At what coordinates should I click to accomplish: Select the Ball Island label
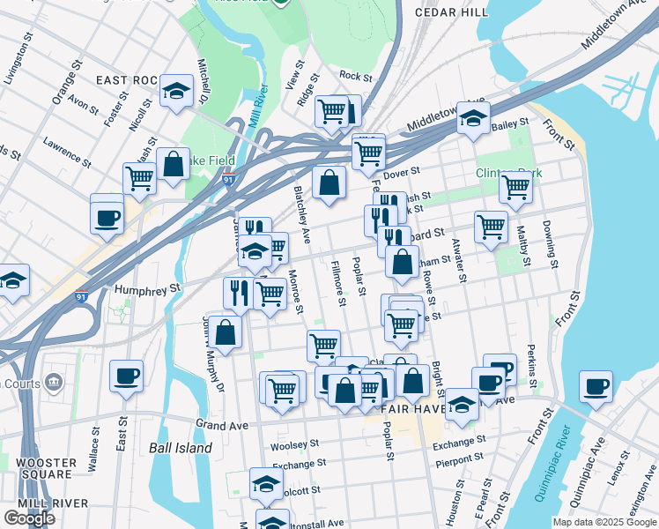pyautogui.click(x=181, y=448)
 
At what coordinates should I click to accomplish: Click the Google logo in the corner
pyautogui.click(x=29, y=518)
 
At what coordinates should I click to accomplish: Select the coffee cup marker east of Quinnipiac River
pyautogui.click(x=596, y=385)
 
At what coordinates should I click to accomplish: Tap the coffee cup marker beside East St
pyautogui.click(x=126, y=375)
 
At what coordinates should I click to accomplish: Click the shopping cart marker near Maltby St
pyautogui.click(x=515, y=186)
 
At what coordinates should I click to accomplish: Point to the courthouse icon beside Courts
pyautogui.click(x=55, y=382)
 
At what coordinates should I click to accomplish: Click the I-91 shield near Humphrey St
pyautogui.click(x=82, y=297)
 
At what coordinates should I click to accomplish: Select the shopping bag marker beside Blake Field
pyautogui.click(x=174, y=163)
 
